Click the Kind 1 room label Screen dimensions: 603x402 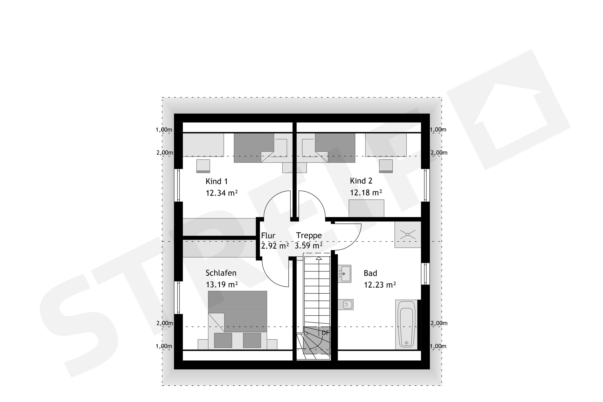tap(216, 181)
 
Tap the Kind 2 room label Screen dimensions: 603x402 tap(361, 181)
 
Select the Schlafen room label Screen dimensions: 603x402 tap(221, 273)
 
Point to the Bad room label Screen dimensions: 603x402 tap(370, 273)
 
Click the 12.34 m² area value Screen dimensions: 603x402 tap(222, 193)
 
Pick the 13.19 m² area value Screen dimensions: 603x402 tap(222, 285)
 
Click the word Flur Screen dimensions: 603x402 tap(268, 235)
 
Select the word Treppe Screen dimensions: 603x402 tap(309, 235)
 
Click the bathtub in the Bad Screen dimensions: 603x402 tap(406, 325)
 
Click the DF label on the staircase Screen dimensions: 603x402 tap(325, 333)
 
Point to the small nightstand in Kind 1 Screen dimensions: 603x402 tap(203, 166)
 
